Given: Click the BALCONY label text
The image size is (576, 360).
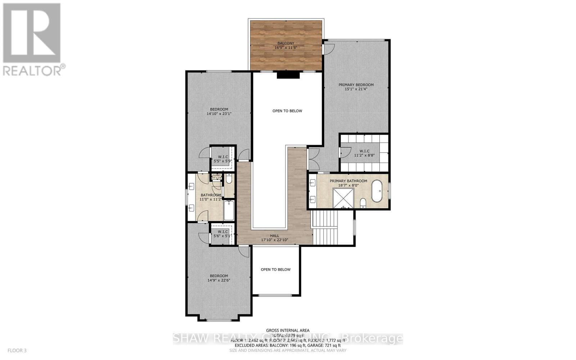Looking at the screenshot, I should pos(286,43).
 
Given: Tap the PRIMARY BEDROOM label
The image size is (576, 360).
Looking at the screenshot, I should pos(356,85).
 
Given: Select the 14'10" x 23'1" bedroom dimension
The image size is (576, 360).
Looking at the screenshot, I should pos(219,113).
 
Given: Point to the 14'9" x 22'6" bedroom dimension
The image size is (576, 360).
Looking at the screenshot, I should pos(219,280).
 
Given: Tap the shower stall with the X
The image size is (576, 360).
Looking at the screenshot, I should pos(344,198).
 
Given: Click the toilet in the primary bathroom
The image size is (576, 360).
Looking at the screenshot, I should pos(363,203).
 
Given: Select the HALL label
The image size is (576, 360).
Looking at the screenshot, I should pos(275,236).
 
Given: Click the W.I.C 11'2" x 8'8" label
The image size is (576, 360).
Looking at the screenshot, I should pos(364,153).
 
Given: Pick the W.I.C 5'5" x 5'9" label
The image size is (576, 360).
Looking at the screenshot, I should pos(223,159).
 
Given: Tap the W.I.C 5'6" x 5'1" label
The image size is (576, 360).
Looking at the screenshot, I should pos(223,234).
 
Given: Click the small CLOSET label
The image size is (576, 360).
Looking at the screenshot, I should pos(216,176).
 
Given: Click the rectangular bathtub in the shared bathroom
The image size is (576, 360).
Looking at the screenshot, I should pos(229,211).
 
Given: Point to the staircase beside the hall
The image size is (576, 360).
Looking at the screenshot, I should pos(326,228).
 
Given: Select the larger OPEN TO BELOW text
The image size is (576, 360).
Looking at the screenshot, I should pos(287,111).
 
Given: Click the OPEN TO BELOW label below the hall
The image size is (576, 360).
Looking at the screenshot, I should pos(275,269).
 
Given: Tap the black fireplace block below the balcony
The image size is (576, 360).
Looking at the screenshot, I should pos(288,75).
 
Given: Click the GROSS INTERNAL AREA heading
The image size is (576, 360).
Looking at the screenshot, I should pos(288,330).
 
